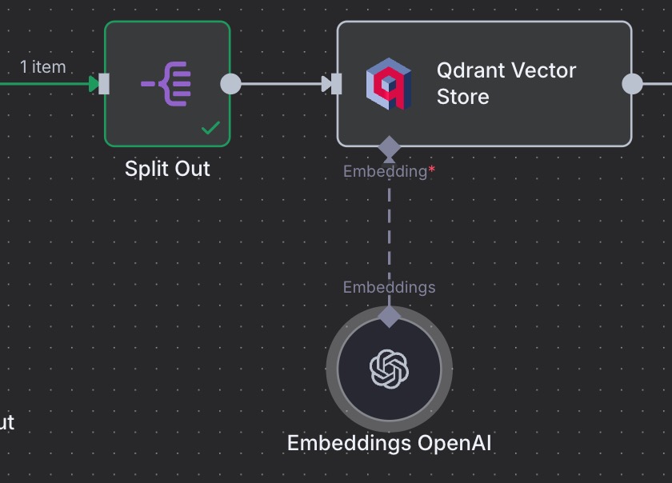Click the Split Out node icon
click(x=166, y=83)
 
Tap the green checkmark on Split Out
click(x=210, y=128)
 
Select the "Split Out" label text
click(x=167, y=169)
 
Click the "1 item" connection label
click(x=43, y=67)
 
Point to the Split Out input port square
click(x=104, y=83)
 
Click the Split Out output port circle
click(x=230, y=83)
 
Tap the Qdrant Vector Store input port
click(x=337, y=83)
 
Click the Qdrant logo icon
click(x=389, y=84)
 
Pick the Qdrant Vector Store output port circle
click(x=632, y=83)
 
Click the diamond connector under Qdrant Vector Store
click(x=389, y=147)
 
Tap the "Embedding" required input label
click(x=385, y=171)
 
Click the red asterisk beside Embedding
click(x=432, y=170)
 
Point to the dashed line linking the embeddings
click(x=389, y=232)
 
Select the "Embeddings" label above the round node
click(x=389, y=287)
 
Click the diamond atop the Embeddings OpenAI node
click(x=389, y=316)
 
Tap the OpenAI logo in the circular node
click(x=389, y=369)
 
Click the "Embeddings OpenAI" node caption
click(x=389, y=443)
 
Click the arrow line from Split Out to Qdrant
click(x=280, y=83)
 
